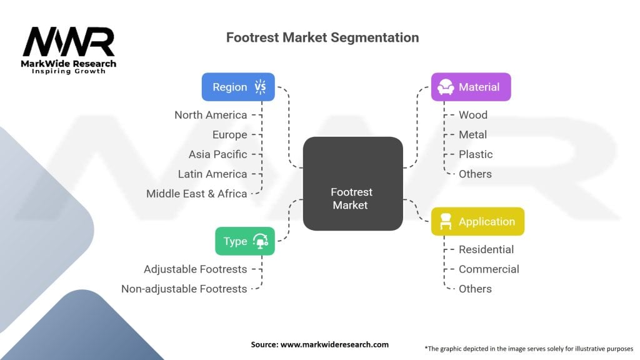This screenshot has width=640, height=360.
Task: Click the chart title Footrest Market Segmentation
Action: [x=322, y=37]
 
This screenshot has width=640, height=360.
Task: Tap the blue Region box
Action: [x=238, y=87]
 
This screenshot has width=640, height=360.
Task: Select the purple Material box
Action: [x=471, y=87]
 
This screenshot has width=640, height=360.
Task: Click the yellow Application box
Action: [x=477, y=221]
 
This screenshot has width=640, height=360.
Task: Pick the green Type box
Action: [x=245, y=241]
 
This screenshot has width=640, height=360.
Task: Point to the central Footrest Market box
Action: [x=352, y=184]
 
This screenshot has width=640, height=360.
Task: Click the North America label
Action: [x=211, y=115]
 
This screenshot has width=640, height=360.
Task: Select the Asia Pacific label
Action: [x=217, y=154]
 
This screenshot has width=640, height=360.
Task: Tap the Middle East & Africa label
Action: [x=196, y=194]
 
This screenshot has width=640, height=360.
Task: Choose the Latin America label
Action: [x=212, y=174]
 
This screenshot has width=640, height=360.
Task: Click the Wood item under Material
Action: [x=473, y=115]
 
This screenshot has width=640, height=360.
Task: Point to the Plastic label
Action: [x=476, y=154]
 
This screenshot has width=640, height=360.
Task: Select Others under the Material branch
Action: [x=475, y=174]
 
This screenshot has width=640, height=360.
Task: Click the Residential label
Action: [x=486, y=249]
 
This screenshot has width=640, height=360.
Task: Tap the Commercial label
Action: [x=489, y=269]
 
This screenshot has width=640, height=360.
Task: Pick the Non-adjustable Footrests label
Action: [x=184, y=289]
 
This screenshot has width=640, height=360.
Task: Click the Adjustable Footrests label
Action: [x=195, y=269]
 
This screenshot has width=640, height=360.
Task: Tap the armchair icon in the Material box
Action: [x=445, y=87]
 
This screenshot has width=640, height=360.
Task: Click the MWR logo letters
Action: [x=69, y=42]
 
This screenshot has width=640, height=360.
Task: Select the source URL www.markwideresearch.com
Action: [x=334, y=344]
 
